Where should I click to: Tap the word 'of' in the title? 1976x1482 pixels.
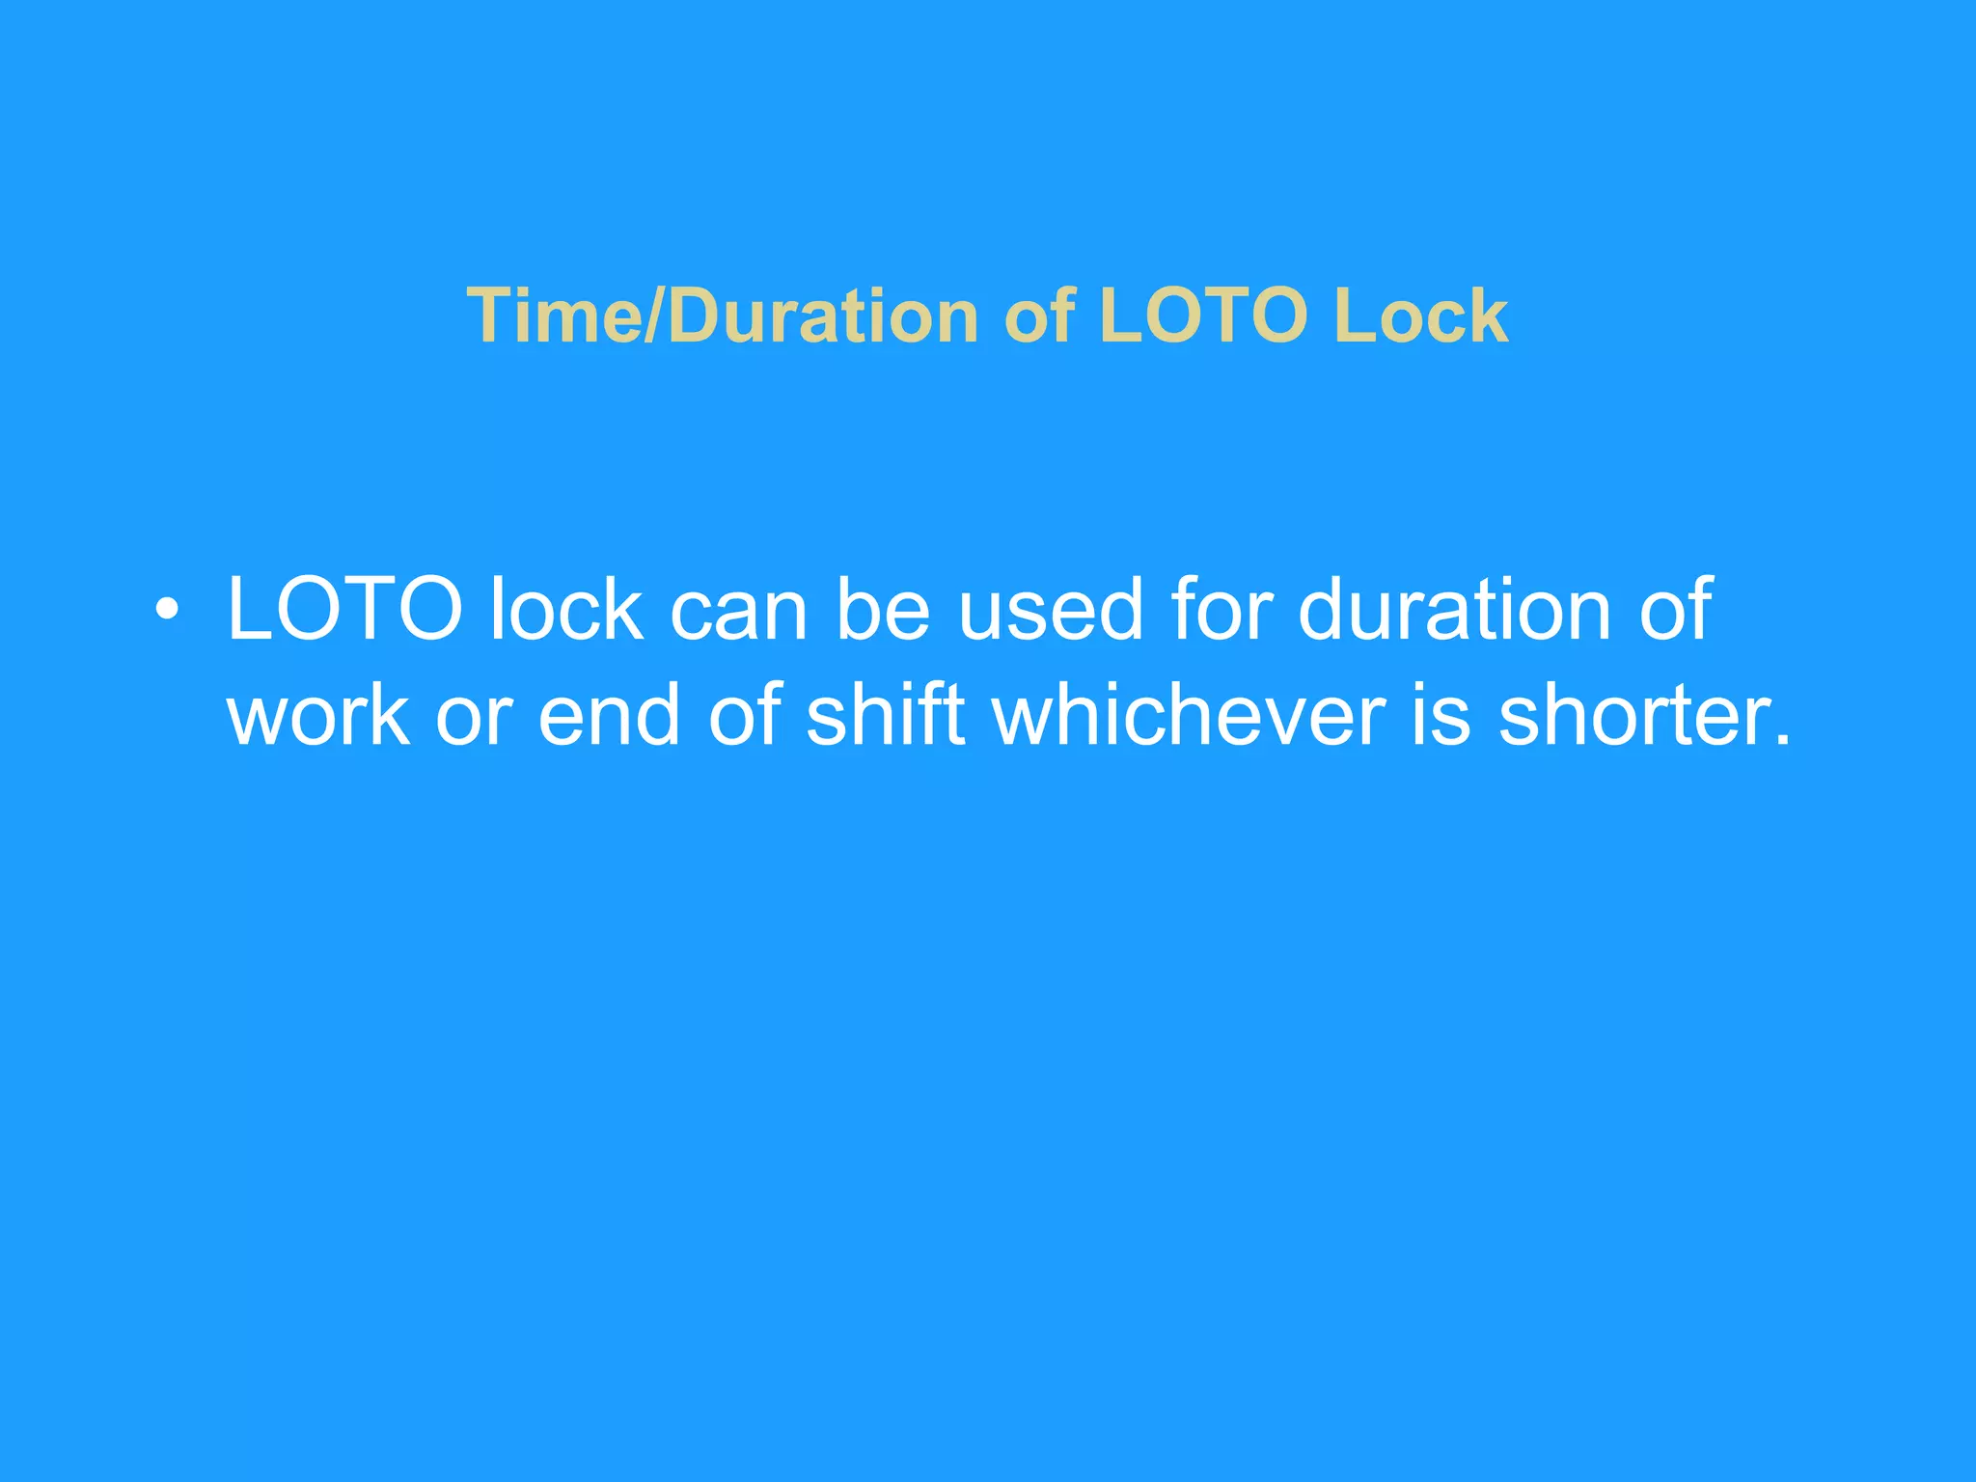pos(1039,316)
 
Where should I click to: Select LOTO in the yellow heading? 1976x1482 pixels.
pos(1204,316)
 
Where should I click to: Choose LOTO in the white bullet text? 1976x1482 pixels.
pos(345,610)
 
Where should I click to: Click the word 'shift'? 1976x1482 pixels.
pos(885,716)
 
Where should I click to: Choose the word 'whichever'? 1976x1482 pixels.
pos(1190,716)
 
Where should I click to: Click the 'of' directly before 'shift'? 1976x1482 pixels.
pos(744,716)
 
